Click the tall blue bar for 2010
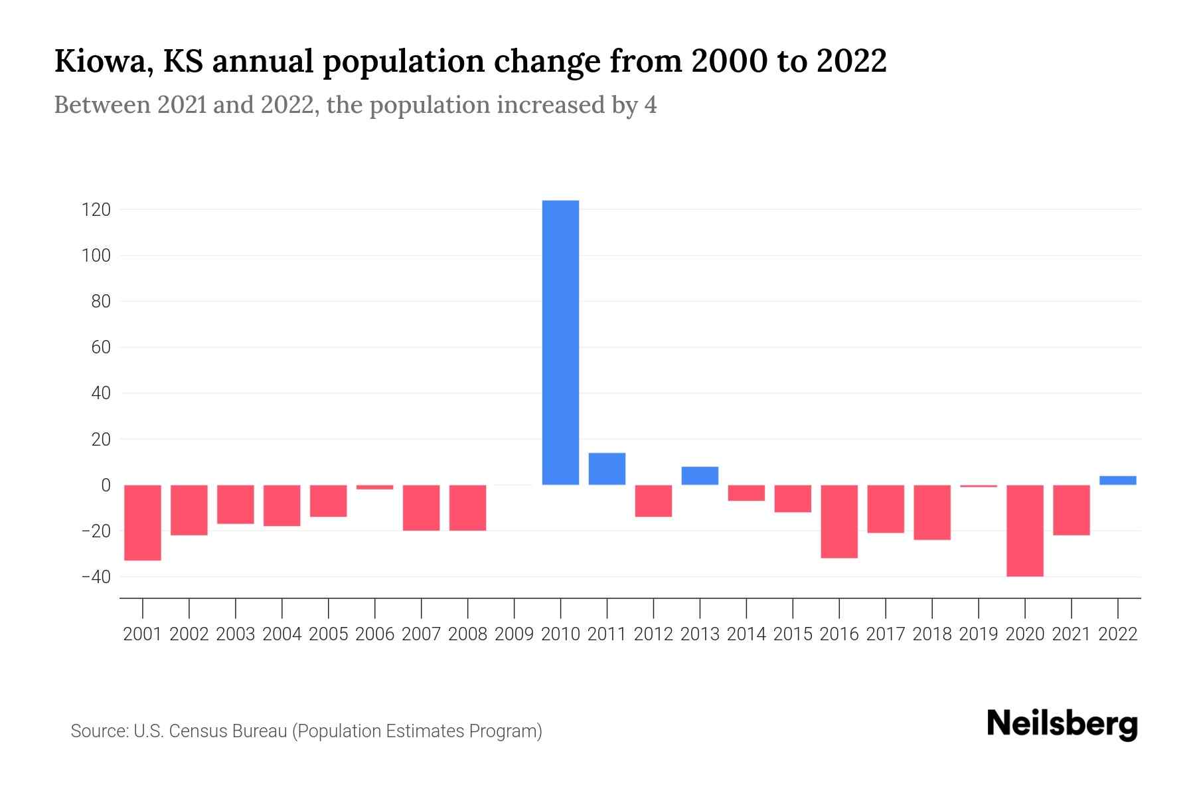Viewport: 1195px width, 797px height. [560, 342]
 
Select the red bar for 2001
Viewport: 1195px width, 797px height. [143, 522]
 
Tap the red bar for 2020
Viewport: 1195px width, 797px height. [1024, 530]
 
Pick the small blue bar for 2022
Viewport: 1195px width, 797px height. [1117, 480]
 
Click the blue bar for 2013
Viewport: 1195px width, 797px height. [700, 476]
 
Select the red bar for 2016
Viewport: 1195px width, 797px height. [839, 521]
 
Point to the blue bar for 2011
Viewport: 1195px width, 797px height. [607, 469]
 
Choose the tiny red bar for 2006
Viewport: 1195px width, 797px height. [374, 487]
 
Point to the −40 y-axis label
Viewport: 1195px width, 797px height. [95, 576]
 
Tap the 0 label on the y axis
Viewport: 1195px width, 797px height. [105, 486]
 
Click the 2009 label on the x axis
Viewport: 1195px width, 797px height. [514, 634]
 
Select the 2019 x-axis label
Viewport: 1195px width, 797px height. [978, 634]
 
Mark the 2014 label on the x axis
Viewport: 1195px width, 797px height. [746, 634]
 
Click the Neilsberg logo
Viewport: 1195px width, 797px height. [1062, 725]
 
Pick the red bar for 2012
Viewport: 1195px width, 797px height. [653, 501]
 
